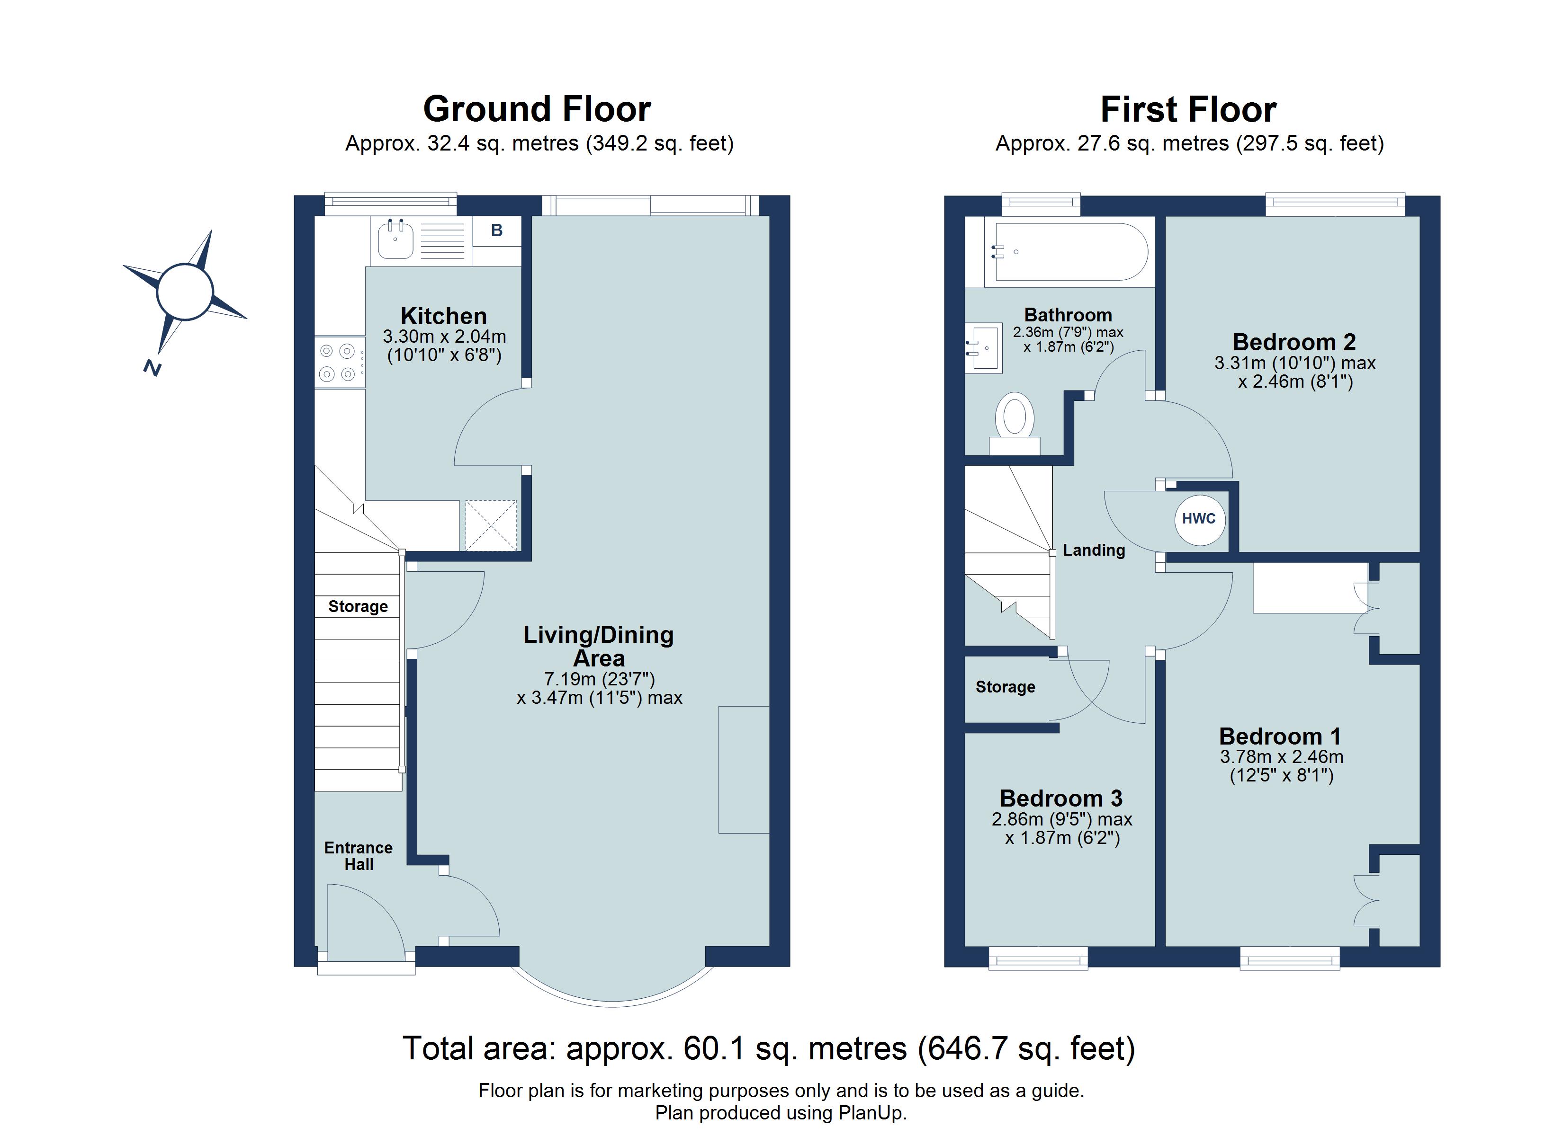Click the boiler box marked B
[x=496, y=231]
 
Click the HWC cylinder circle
[x=1199, y=519]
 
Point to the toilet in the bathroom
[x=1015, y=421]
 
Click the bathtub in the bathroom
[x=1068, y=252]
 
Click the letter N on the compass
[x=153, y=369]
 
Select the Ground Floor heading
[x=536, y=109]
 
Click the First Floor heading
[x=1188, y=109]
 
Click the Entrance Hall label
[x=359, y=856]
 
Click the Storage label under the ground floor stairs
[x=358, y=607]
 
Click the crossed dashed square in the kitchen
[x=491, y=525]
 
